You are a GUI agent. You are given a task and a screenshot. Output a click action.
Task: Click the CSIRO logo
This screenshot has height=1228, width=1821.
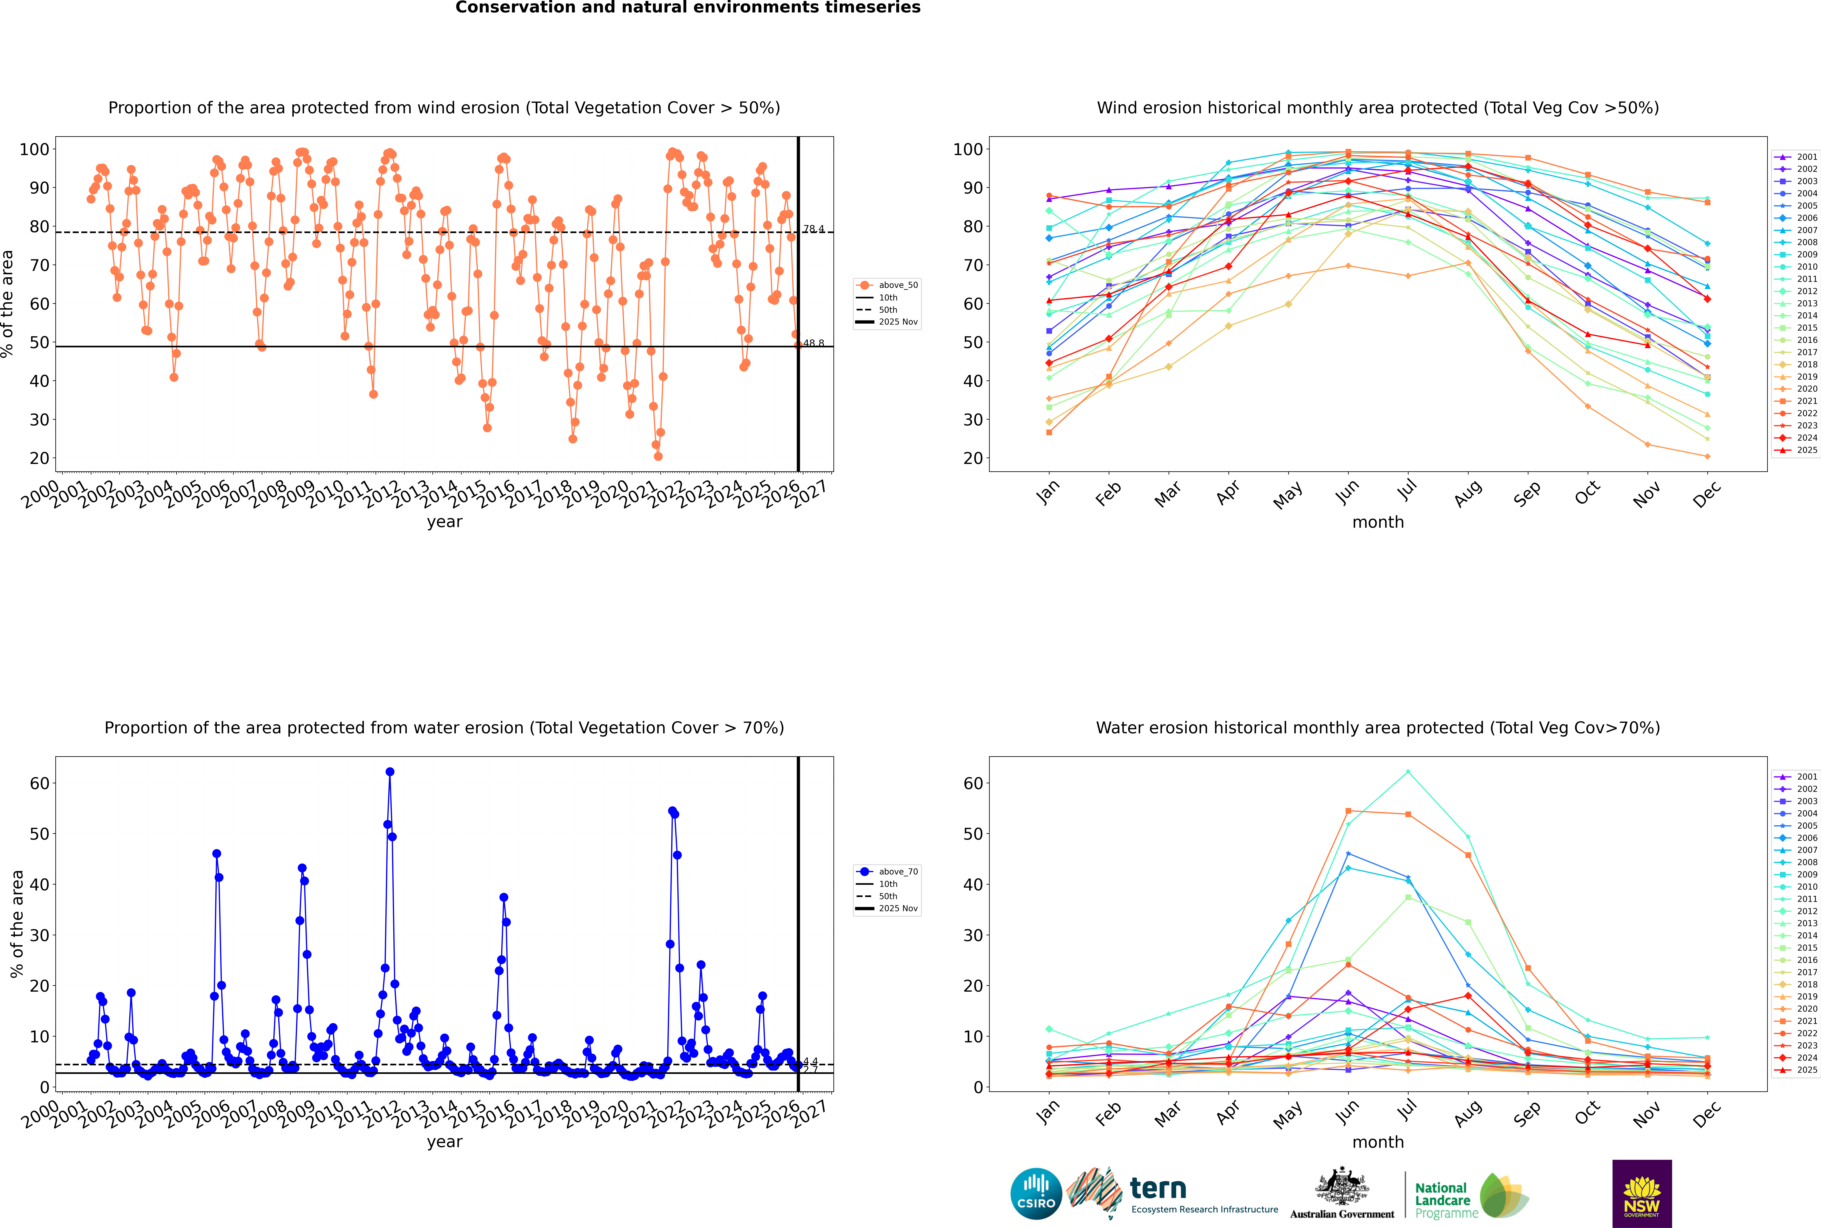click(x=1036, y=1194)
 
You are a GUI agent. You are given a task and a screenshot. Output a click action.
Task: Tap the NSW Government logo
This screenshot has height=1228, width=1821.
click(x=1642, y=1193)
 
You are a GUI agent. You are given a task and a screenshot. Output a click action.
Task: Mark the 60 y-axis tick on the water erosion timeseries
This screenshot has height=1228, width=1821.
click(x=39, y=783)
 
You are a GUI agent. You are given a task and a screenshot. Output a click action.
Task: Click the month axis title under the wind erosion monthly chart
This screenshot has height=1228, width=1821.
click(x=1378, y=522)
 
